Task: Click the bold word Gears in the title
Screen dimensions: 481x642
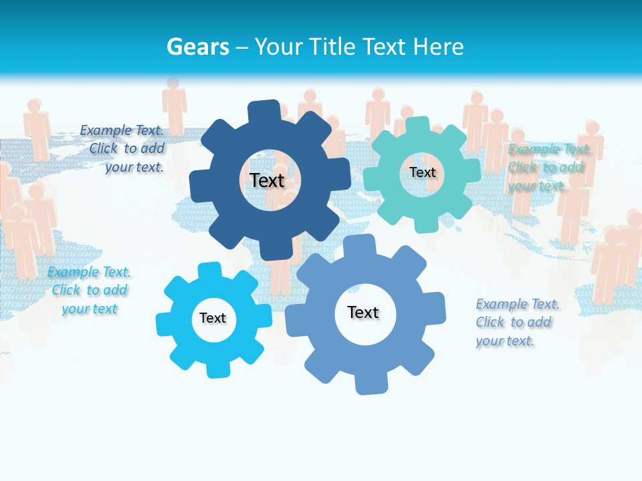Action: click(x=197, y=47)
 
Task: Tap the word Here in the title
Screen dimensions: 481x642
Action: click(x=438, y=47)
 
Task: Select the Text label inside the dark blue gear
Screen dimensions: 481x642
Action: click(x=267, y=180)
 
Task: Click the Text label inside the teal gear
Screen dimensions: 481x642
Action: click(x=423, y=172)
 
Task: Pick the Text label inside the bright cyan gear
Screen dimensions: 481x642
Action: click(x=213, y=318)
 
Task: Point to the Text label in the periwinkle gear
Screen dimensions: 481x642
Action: click(x=363, y=312)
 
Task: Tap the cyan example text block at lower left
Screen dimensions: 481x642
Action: click(x=89, y=291)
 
